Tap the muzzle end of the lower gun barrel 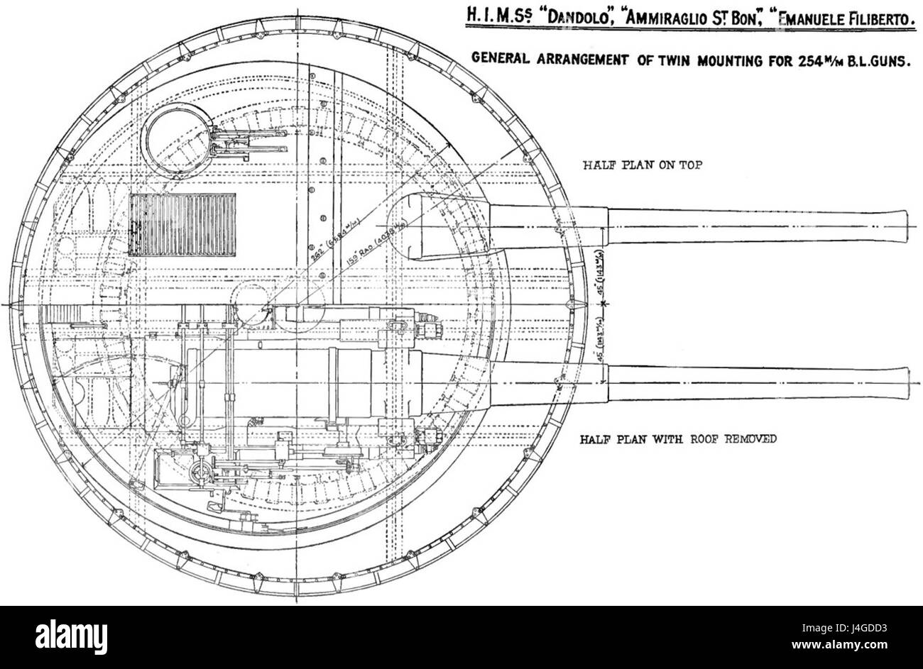[x=902, y=382]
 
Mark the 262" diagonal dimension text [x=312, y=244]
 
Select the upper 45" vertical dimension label [x=599, y=277]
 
